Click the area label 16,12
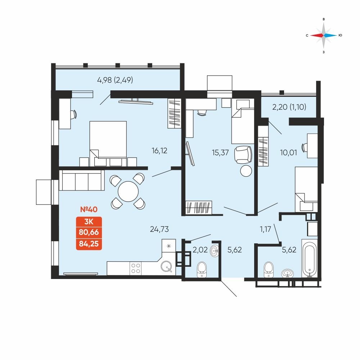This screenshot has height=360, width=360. [x=159, y=151]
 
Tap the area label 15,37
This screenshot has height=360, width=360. [x=220, y=153]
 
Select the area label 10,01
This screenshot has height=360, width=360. [x=288, y=153]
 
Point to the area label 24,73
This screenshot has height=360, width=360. [x=159, y=229]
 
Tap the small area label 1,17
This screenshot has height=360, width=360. [x=265, y=229]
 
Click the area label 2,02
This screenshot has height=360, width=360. [x=200, y=250]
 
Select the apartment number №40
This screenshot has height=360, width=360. [x=89, y=210]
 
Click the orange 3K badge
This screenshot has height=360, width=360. [x=89, y=221]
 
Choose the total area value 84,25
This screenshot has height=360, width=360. [x=89, y=244]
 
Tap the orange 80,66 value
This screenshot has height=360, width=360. [x=89, y=232]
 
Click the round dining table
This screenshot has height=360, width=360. [x=128, y=192]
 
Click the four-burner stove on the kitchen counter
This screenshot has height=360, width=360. [x=135, y=268]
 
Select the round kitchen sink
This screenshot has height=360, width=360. [x=166, y=267]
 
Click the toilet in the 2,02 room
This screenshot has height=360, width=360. [x=202, y=270]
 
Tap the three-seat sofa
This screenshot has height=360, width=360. [x=82, y=180]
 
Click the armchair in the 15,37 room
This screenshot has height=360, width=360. [x=243, y=155]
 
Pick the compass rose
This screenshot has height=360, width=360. [x=324, y=35]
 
